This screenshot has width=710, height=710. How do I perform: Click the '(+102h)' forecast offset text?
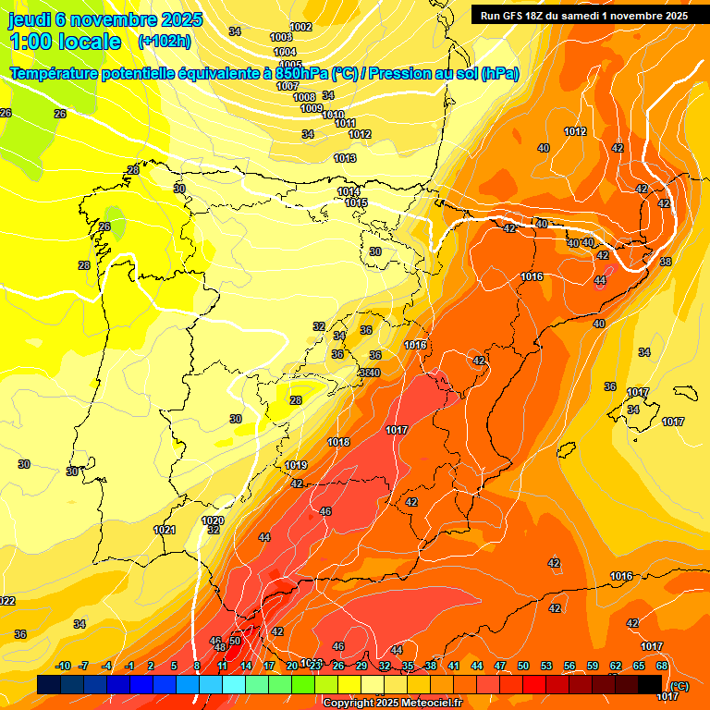164,41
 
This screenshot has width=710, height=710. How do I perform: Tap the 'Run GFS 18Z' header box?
582,15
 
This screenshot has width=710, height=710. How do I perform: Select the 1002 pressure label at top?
300,27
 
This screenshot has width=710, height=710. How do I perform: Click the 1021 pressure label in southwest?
165,530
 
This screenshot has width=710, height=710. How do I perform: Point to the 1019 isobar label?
296,465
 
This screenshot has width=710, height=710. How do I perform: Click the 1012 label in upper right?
575,131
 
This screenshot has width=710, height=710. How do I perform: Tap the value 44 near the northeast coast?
600,280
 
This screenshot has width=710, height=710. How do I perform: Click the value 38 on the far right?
666,262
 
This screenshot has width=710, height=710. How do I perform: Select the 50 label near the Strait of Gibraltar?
235,641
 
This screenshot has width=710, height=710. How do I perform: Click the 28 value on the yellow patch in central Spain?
296,400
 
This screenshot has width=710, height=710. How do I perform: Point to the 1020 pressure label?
213,520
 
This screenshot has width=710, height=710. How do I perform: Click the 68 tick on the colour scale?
662,666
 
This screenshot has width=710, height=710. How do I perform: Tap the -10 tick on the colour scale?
64,666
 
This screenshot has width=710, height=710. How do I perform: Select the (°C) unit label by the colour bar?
679,686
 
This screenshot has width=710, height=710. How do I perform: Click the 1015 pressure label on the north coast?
357,202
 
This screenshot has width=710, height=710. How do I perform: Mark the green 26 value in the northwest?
104,226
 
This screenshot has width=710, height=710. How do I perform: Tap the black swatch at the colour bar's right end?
650,684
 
